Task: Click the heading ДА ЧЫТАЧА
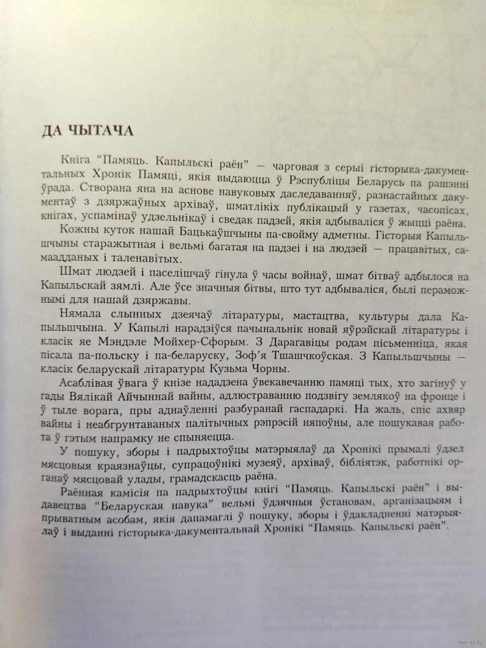[88, 131]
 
